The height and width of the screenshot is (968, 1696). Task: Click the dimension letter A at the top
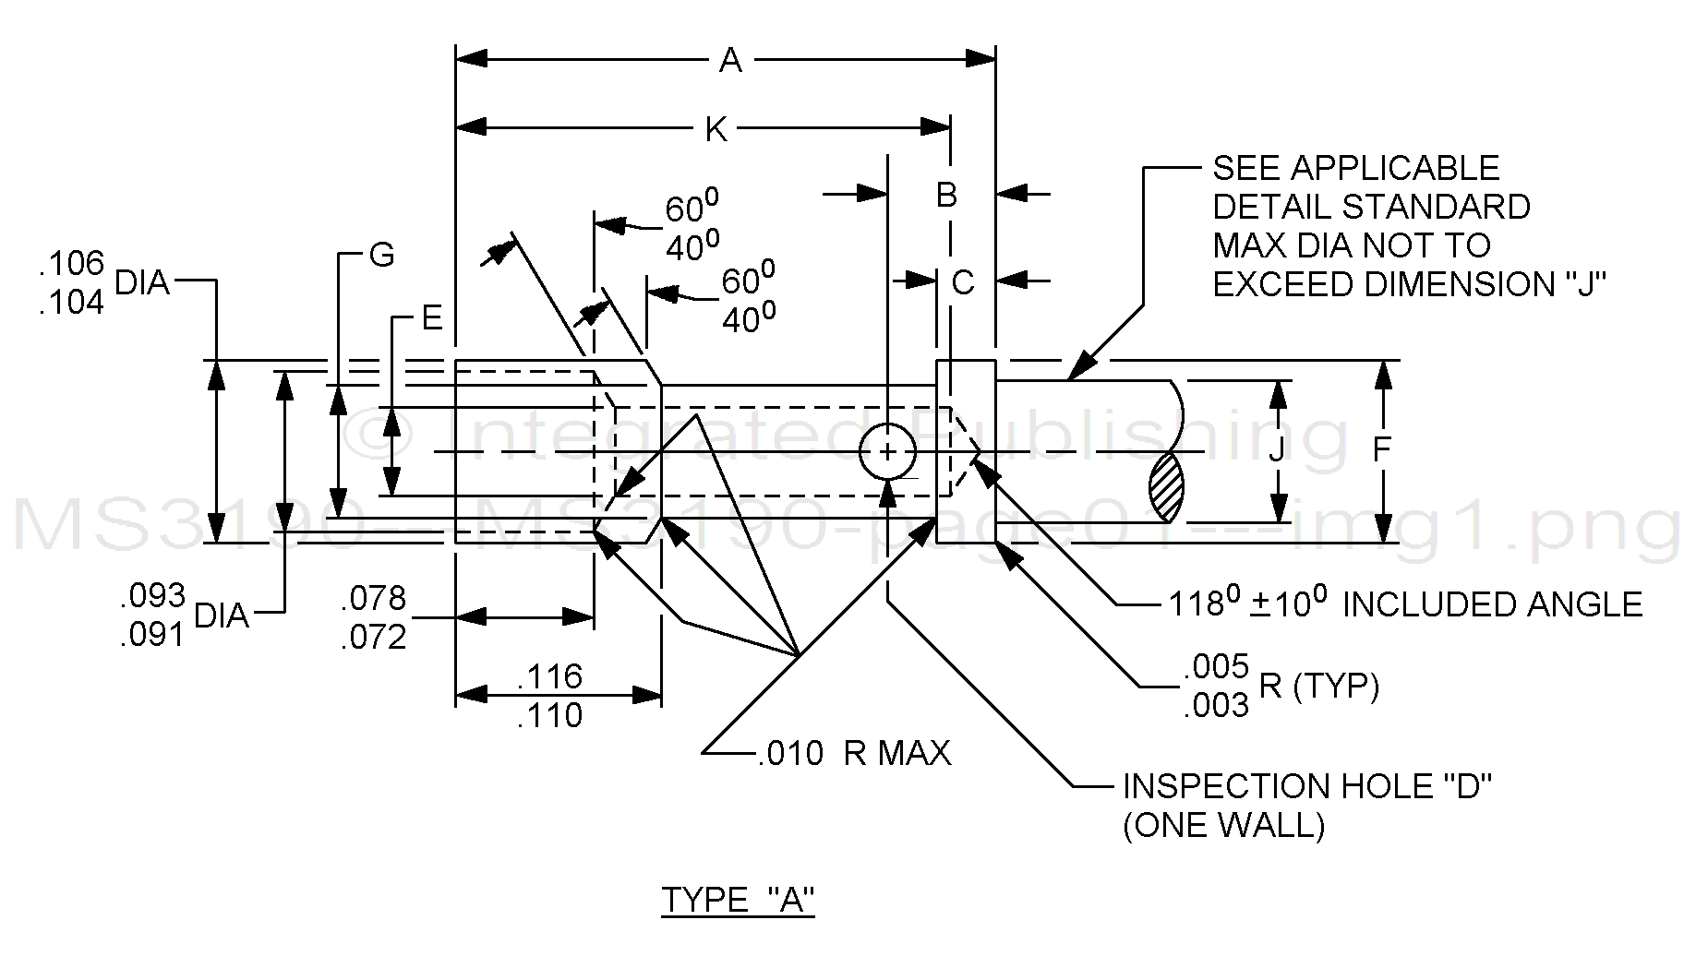[x=730, y=61]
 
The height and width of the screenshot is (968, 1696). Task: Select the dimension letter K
[x=716, y=130]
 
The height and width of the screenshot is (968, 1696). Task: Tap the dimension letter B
[x=946, y=195]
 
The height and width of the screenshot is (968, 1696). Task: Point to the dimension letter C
[x=963, y=282]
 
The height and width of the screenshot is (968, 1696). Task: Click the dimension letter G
[x=381, y=255]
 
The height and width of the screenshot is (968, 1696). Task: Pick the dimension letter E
[x=432, y=318]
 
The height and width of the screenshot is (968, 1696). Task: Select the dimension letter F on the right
[x=1381, y=449]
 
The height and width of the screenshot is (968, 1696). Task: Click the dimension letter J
[x=1277, y=449]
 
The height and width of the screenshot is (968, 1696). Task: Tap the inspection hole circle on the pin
[x=887, y=452]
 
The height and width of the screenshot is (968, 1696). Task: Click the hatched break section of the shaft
[x=1166, y=487]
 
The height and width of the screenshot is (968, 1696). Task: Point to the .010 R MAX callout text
[x=854, y=754]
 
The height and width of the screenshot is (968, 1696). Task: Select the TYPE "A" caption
[x=738, y=900]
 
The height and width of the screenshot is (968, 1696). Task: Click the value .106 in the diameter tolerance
[x=72, y=263]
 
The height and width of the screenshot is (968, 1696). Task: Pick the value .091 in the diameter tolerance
[x=152, y=635]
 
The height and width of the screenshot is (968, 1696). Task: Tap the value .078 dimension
[x=373, y=599]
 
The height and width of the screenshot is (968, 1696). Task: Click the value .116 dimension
[x=549, y=676]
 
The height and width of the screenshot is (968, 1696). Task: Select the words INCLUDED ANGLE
[x=1492, y=604]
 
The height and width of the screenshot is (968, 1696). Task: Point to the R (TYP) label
[x=1318, y=687]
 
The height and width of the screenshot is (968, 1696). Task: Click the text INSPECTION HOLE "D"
[x=1307, y=786]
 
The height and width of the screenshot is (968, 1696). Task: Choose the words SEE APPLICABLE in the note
[x=1355, y=168]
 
